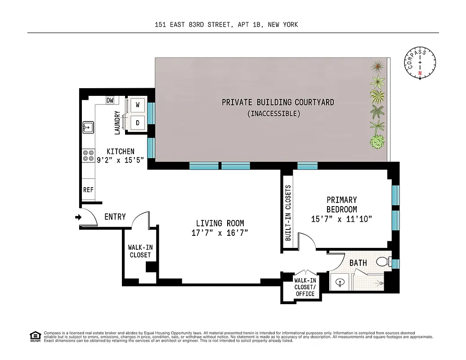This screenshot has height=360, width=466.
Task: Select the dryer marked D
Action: coord(138,122)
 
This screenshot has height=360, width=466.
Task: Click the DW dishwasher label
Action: coord(110,100)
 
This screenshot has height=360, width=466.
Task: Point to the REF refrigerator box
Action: coord(88,190)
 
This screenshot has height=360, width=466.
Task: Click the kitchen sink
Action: coord(88,127)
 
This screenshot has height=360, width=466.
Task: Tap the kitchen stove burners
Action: coord(86,156)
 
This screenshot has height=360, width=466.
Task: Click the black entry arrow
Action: coord(78,217)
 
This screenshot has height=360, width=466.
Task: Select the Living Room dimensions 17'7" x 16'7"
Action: coord(220,233)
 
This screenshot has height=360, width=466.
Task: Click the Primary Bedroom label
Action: coord(342,204)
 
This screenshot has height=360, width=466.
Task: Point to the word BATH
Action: coord(358,263)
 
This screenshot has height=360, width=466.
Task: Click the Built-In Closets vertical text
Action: coord(288,213)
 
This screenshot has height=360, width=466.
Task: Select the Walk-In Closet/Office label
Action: coord(305,287)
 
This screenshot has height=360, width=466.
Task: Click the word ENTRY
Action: coord(115,217)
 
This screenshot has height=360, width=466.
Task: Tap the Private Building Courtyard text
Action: coord(278,103)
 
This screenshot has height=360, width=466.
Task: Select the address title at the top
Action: coord(226,25)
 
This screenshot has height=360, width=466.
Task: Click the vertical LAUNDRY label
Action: coord(118,122)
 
